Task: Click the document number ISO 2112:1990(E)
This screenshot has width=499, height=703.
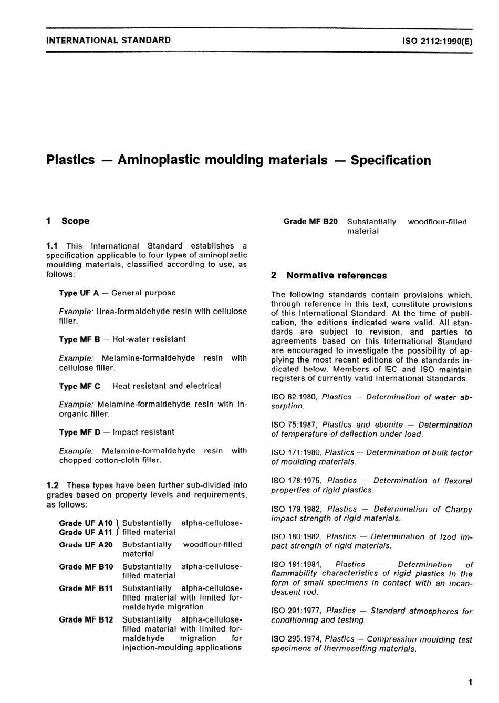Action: (x=437, y=40)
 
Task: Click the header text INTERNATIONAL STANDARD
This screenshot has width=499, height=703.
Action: (x=109, y=40)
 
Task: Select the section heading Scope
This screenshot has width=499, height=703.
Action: (x=75, y=221)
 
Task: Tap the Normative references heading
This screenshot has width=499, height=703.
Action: (x=336, y=275)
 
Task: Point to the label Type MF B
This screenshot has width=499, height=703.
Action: (x=79, y=339)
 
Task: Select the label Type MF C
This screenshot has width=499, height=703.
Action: (x=79, y=386)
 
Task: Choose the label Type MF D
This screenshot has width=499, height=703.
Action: (x=79, y=432)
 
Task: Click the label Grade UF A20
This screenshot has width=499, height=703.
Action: (x=86, y=545)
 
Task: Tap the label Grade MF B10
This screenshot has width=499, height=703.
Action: (x=86, y=567)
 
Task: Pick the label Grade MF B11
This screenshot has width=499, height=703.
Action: (x=86, y=588)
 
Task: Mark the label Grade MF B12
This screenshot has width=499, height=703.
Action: (x=86, y=619)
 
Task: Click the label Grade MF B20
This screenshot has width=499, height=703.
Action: (x=310, y=222)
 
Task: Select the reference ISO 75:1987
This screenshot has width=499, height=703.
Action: (x=294, y=425)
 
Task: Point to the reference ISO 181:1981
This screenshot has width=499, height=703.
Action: (x=296, y=565)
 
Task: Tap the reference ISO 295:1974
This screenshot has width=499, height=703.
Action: (x=296, y=639)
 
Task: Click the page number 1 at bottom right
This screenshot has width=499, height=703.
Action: (x=470, y=683)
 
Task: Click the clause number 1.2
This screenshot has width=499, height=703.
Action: (x=53, y=485)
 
